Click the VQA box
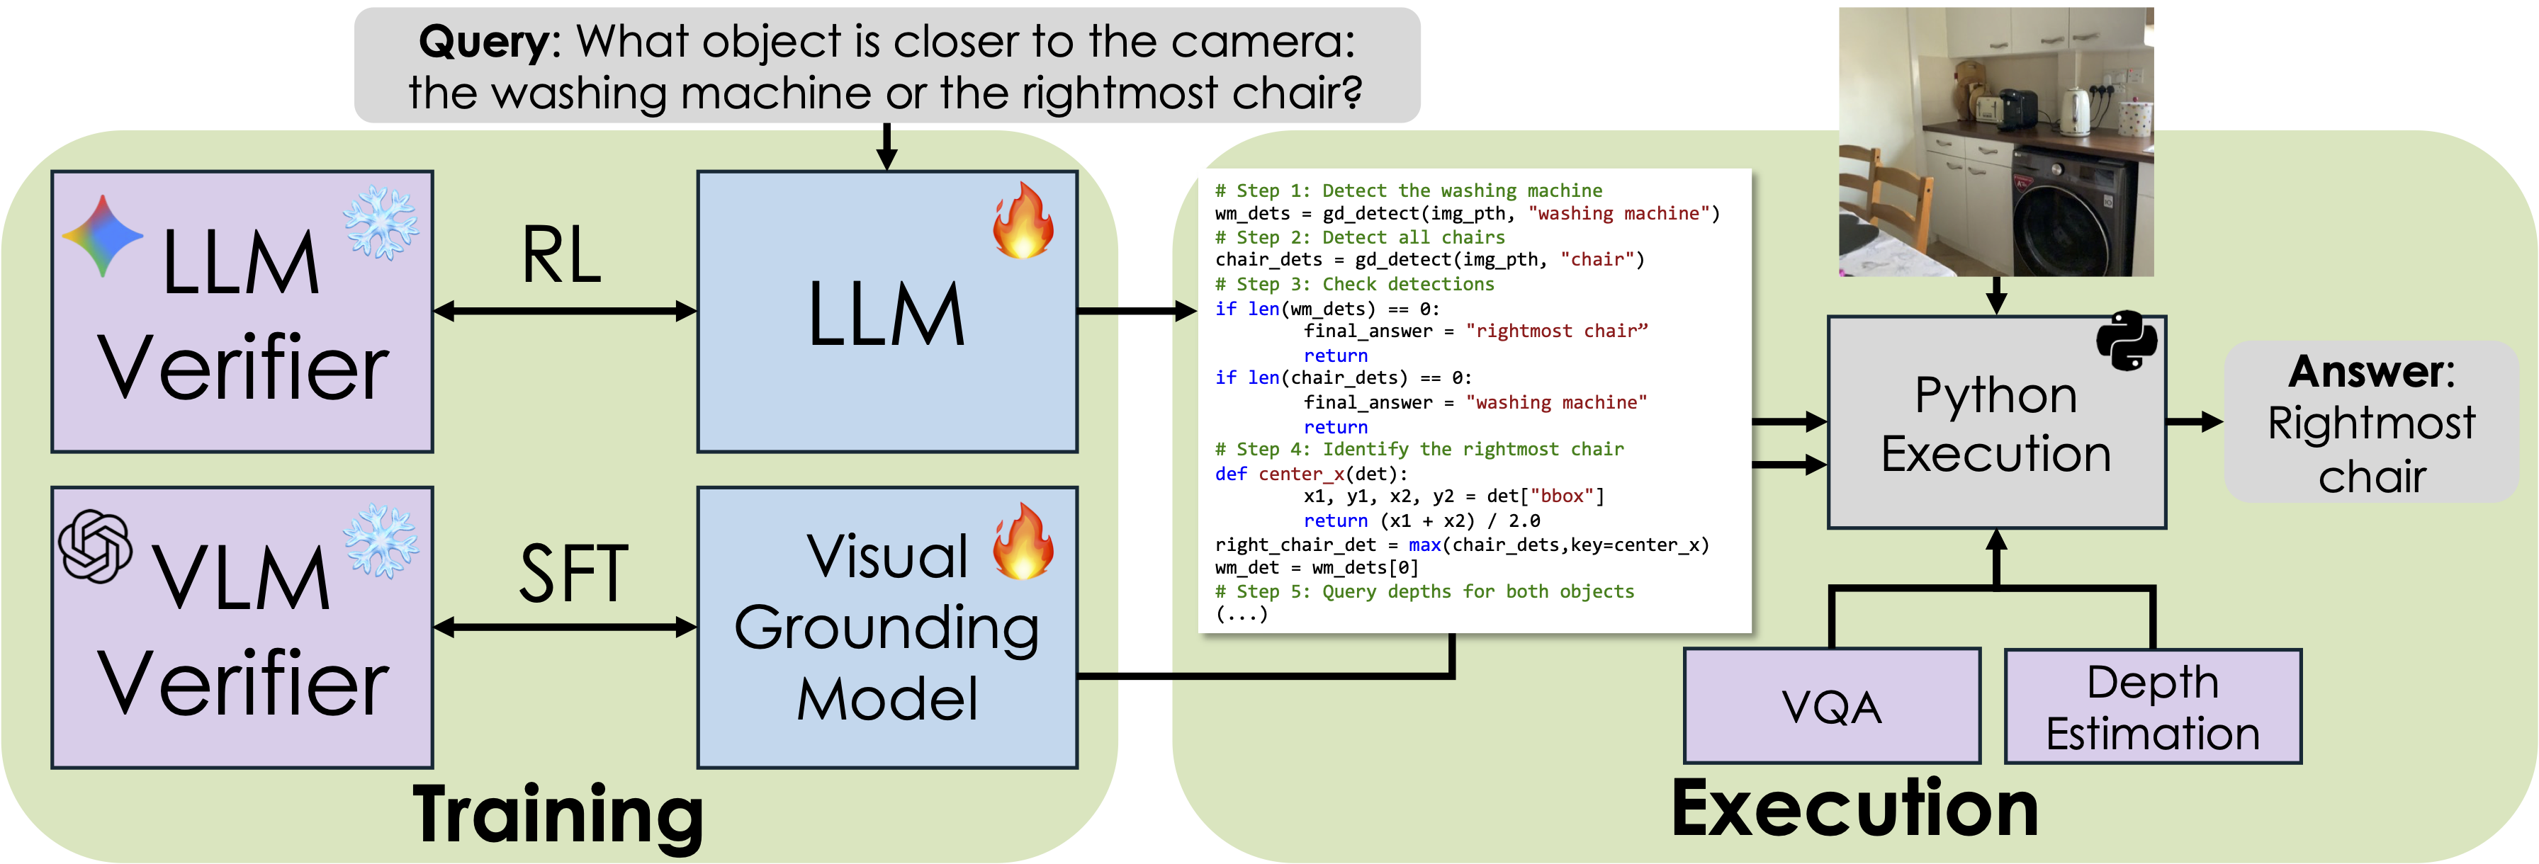coord(1831,705)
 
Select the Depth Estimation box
coord(2153,705)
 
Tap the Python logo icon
coord(2126,341)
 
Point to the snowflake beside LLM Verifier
coord(381,222)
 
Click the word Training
coord(558,814)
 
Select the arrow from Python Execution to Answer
coord(2194,421)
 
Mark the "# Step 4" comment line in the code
coord(1419,449)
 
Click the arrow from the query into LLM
coord(887,148)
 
